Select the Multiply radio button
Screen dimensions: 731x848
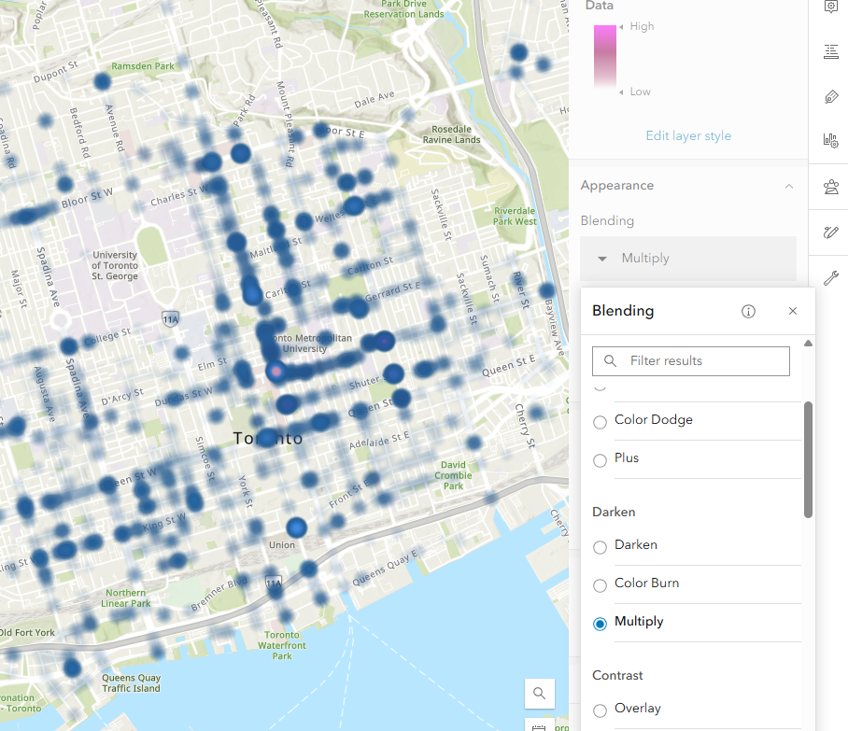coord(600,623)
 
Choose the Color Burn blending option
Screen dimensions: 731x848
coord(600,584)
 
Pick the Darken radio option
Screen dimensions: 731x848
coord(600,545)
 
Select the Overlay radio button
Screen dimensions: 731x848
coord(600,710)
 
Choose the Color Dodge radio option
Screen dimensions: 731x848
coord(600,421)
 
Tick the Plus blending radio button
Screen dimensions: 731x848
coord(600,459)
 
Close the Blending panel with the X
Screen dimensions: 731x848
coord(793,312)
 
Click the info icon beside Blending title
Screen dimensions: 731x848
coord(748,312)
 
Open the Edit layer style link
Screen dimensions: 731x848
coord(688,136)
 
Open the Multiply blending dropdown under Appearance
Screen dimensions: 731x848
coord(688,259)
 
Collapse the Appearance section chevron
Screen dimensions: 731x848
coord(789,186)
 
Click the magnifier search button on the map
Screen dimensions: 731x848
coord(540,694)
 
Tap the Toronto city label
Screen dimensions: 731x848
coord(268,438)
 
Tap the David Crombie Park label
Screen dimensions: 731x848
coord(454,475)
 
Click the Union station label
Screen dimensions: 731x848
coord(282,545)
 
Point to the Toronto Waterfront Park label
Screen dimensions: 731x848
coord(282,644)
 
